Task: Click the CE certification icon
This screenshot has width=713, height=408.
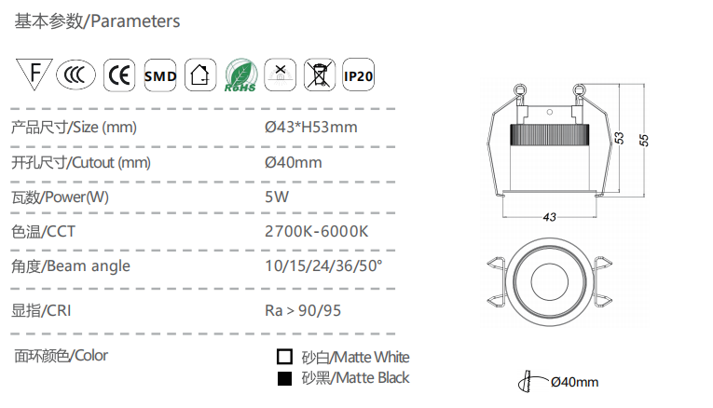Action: pyautogui.click(x=119, y=75)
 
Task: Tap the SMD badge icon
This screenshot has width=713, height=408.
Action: pyautogui.click(x=160, y=75)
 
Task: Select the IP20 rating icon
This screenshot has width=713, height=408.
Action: pyautogui.click(x=358, y=75)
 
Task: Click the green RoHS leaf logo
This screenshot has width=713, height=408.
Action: pyautogui.click(x=240, y=75)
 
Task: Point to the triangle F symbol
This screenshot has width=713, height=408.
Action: pyautogui.click(x=34, y=74)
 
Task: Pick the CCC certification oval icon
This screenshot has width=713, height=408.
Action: pyautogui.click(x=75, y=75)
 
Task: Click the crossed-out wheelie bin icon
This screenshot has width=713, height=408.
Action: pyautogui.click(x=319, y=75)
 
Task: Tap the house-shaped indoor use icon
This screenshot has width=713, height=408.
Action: pyautogui.click(x=200, y=75)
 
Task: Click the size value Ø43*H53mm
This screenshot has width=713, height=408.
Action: pyautogui.click(x=311, y=128)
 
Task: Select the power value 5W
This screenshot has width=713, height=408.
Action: pyautogui.click(x=277, y=197)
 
